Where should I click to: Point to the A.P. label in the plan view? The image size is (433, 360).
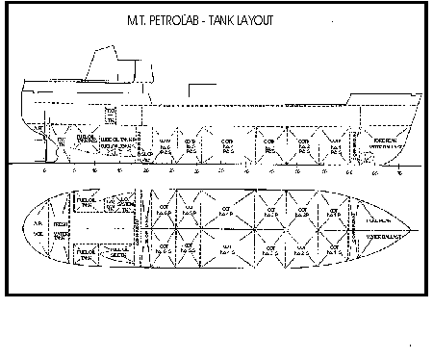pos(38,219)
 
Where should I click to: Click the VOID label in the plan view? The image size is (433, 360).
pos(38,234)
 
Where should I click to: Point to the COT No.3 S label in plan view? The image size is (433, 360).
pos(265,247)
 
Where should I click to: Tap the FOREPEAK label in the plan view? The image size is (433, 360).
pos(378,219)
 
